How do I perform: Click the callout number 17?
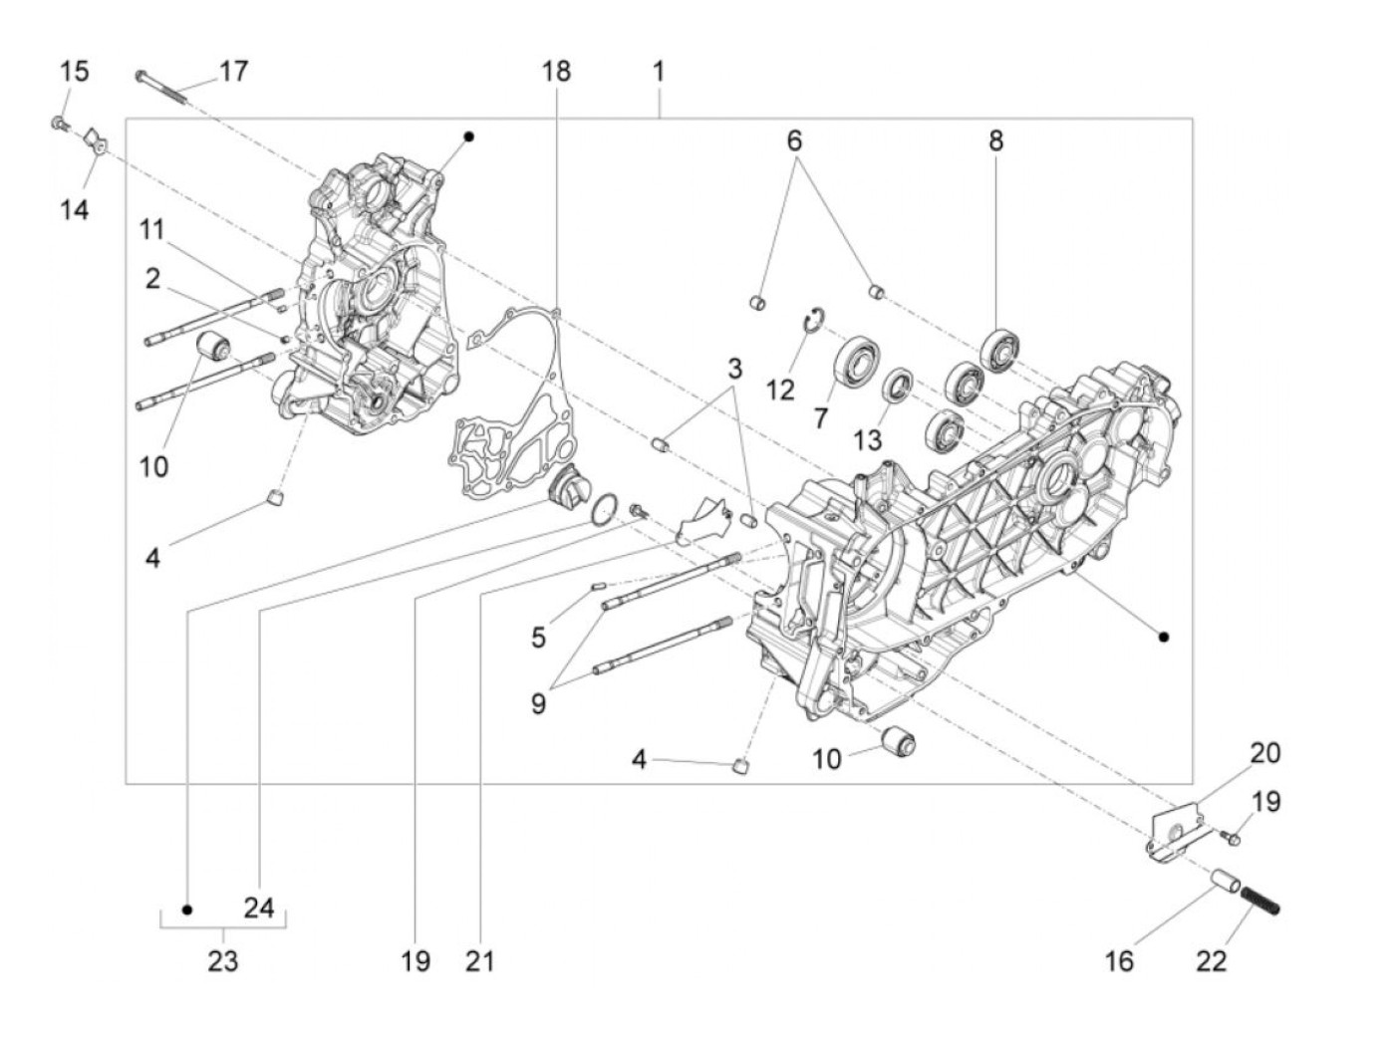pyautogui.click(x=233, y=72)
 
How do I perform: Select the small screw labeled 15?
pyautogui.click(x=58, y=124)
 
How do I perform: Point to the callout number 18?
pyautogui.click(x=556, y=72)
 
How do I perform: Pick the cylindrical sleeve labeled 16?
pyautogui.click(x=1224, y=884)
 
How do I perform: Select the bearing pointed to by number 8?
pyautogui.click(x=999, y=348)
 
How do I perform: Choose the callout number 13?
pyautogui.click(x=867, y=439)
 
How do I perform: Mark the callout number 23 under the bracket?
pyautogui.click(x=223, y=961)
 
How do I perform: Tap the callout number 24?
pyautogui.click(x=258, y=909)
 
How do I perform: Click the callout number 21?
pyautogui.click(x=479, y=961)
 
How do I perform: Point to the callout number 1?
pyautogui.click(x=658, y=72)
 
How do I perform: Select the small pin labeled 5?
pyautogui.click(x=598, y=587)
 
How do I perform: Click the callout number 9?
pyautogui.click(x=538, y=704)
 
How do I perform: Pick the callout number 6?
pyautogui.click(x=794, y=141)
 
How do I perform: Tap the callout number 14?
pyautogui.click(x=74, y=210)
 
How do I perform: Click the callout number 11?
pyautogui.click(x=150, y=230)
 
